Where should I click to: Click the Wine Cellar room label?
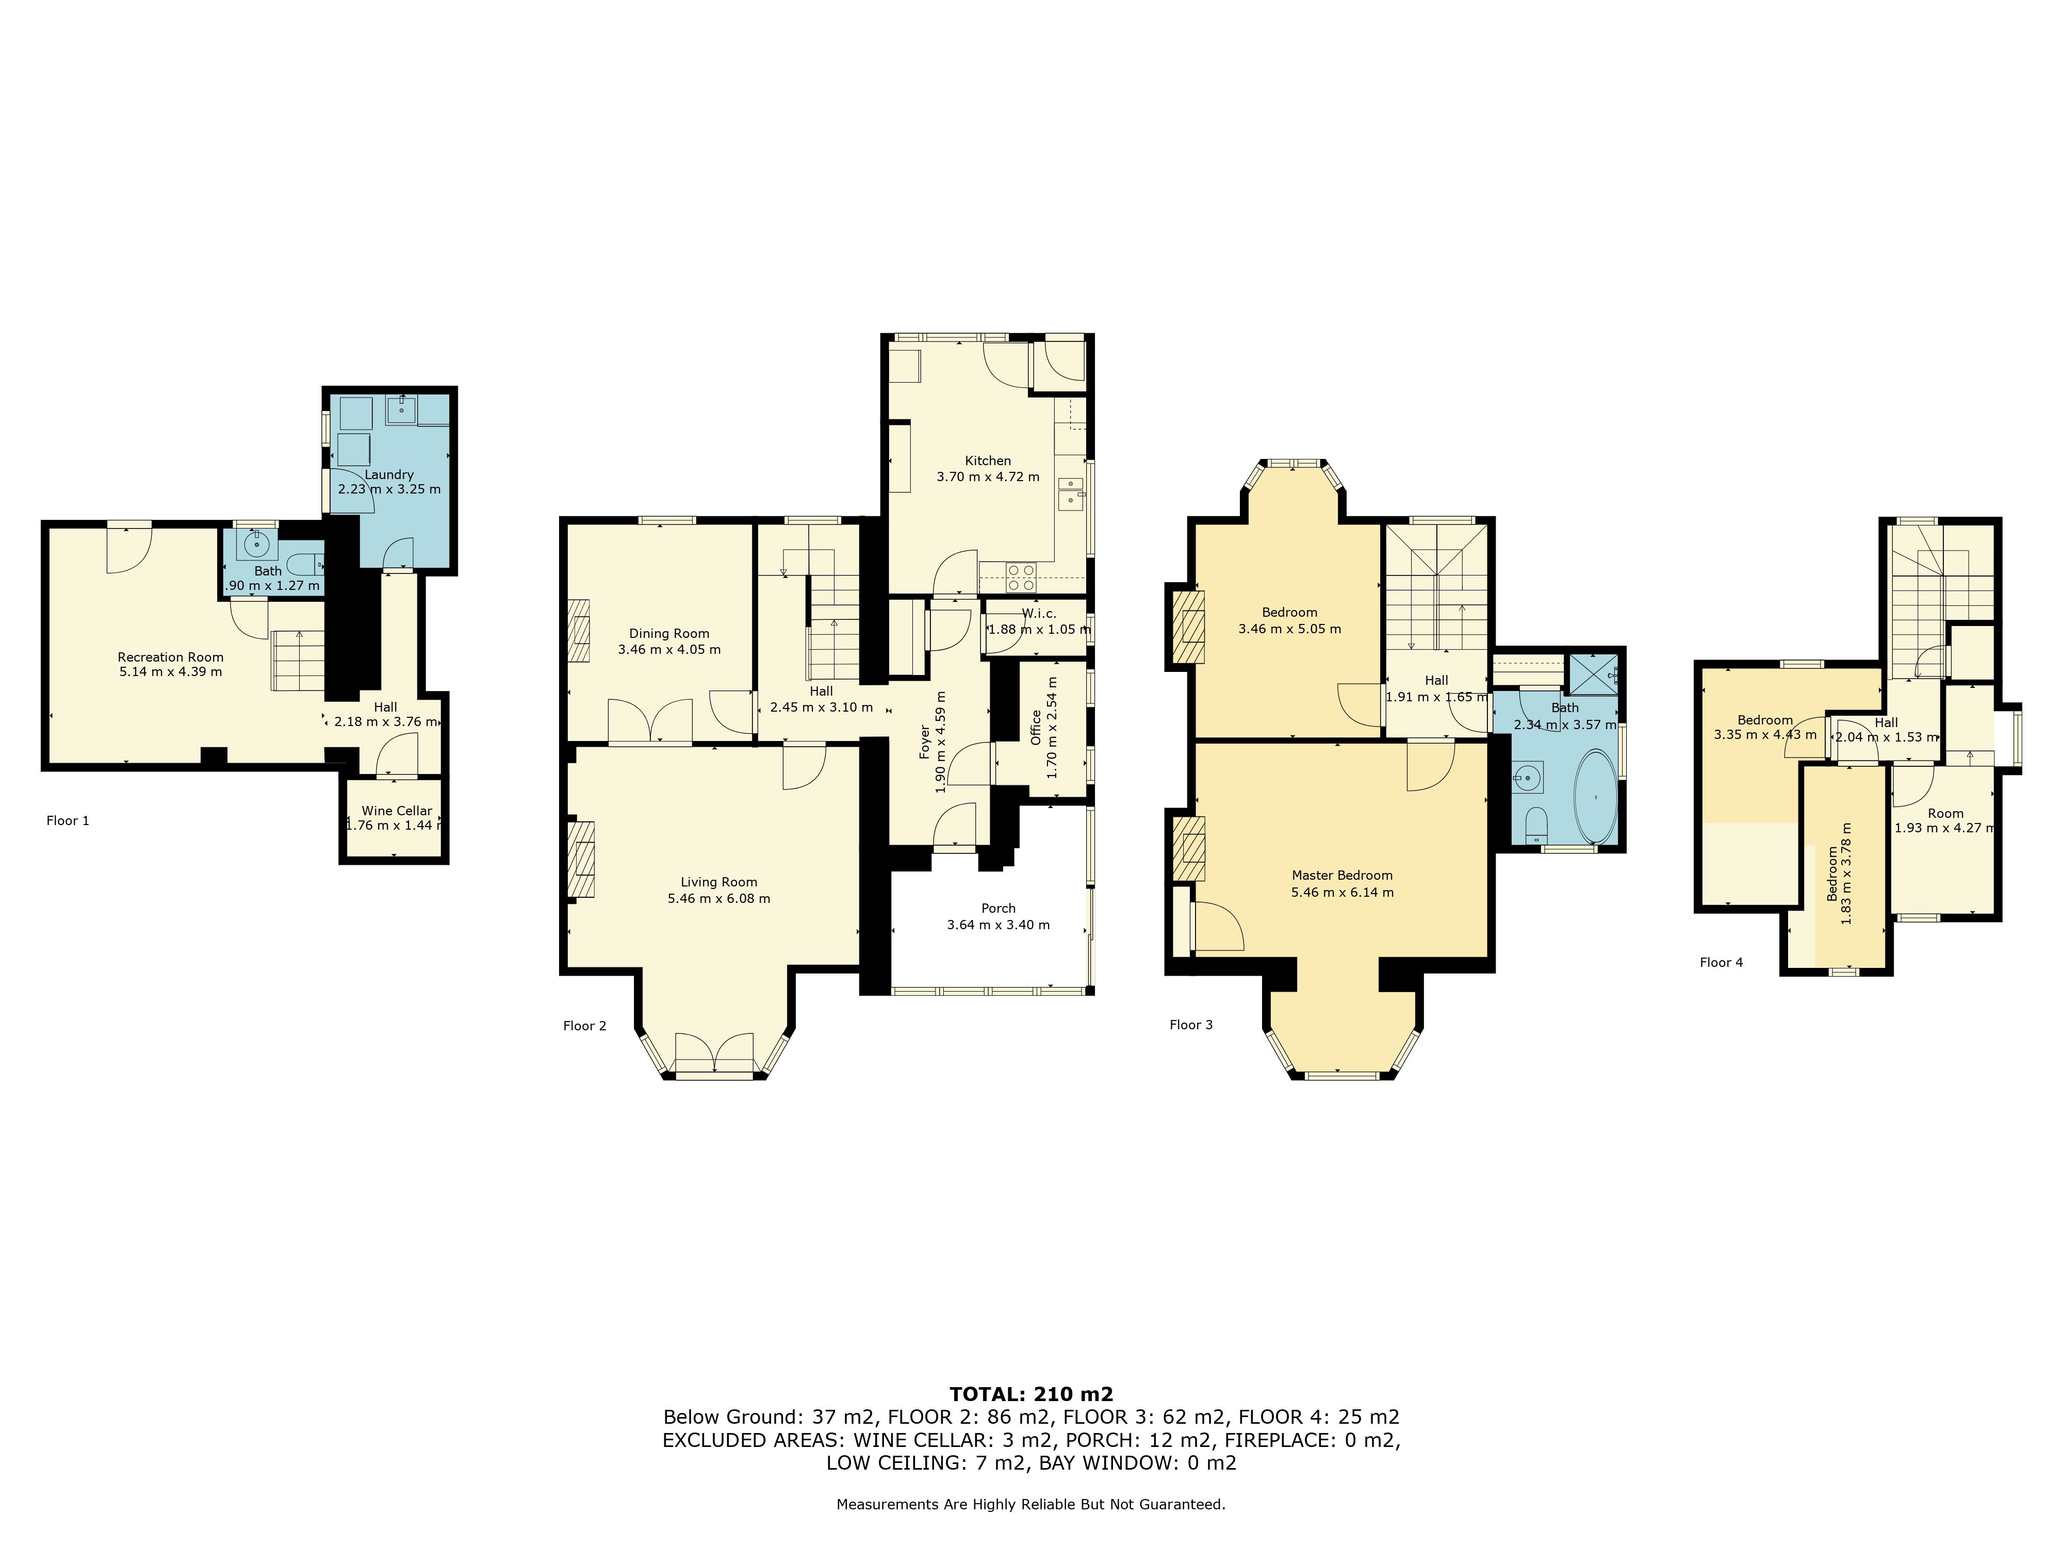[397, 810]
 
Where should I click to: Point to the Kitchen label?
[988, 460]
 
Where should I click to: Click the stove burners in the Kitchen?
[1021, 578]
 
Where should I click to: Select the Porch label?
[998, 908]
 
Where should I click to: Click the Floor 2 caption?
[585, 1026]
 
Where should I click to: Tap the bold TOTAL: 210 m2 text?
[1031, 1394]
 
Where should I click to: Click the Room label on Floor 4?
[1945, 813]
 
